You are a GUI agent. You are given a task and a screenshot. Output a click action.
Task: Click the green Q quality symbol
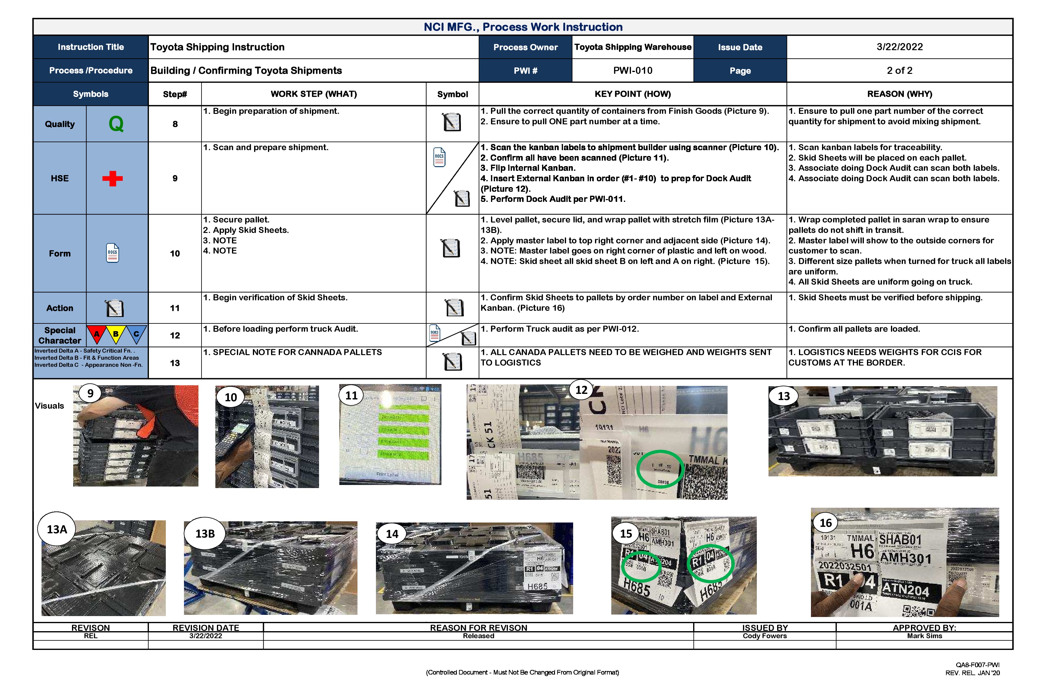[x=116, y=124]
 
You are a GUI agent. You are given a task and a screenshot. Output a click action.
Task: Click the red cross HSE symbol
[x=113, y=178]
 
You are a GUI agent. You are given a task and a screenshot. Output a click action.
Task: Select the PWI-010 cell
[x=633, y=70]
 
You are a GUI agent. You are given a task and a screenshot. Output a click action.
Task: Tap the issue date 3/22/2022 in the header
[x=899, y=47]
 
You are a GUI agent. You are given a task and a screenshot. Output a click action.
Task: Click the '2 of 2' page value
[x=899, y=70]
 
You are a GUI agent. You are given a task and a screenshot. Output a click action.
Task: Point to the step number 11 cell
[x=175, y=308]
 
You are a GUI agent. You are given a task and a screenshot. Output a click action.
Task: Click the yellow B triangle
[x=116, y=334]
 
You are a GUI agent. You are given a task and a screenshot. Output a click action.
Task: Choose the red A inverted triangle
[x=97, y=334]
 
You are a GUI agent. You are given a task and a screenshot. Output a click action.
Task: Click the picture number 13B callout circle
[x=205, y=534]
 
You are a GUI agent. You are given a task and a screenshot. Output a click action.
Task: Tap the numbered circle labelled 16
[x=825, y=523]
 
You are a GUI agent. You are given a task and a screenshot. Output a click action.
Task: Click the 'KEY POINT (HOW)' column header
[x=633, y=94]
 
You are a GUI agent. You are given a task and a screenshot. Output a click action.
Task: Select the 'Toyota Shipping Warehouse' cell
[x=633, y=47]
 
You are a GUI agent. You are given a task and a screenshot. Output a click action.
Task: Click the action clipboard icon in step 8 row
[x=452, y=122]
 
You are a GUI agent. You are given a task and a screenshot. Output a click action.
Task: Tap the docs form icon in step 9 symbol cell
[x=439, y=157]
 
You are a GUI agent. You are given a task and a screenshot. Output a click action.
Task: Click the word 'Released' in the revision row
[x=478, y=636]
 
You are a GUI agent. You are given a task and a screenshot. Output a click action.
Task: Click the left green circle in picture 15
[x=641, y=567]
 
